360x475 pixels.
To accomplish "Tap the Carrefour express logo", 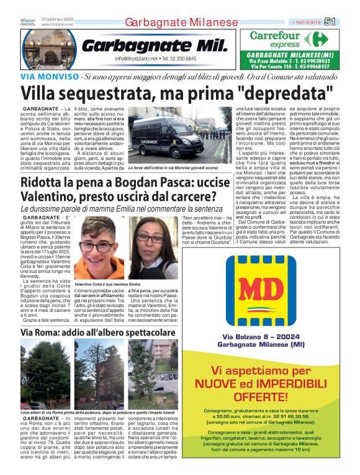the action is (289, 40).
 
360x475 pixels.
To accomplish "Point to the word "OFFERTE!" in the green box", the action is (269, 395).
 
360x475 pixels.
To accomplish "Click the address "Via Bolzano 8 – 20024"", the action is (269, 337).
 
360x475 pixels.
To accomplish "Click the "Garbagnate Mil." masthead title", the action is (149, 45).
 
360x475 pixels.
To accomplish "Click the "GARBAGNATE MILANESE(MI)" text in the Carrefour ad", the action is (289, 55).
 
